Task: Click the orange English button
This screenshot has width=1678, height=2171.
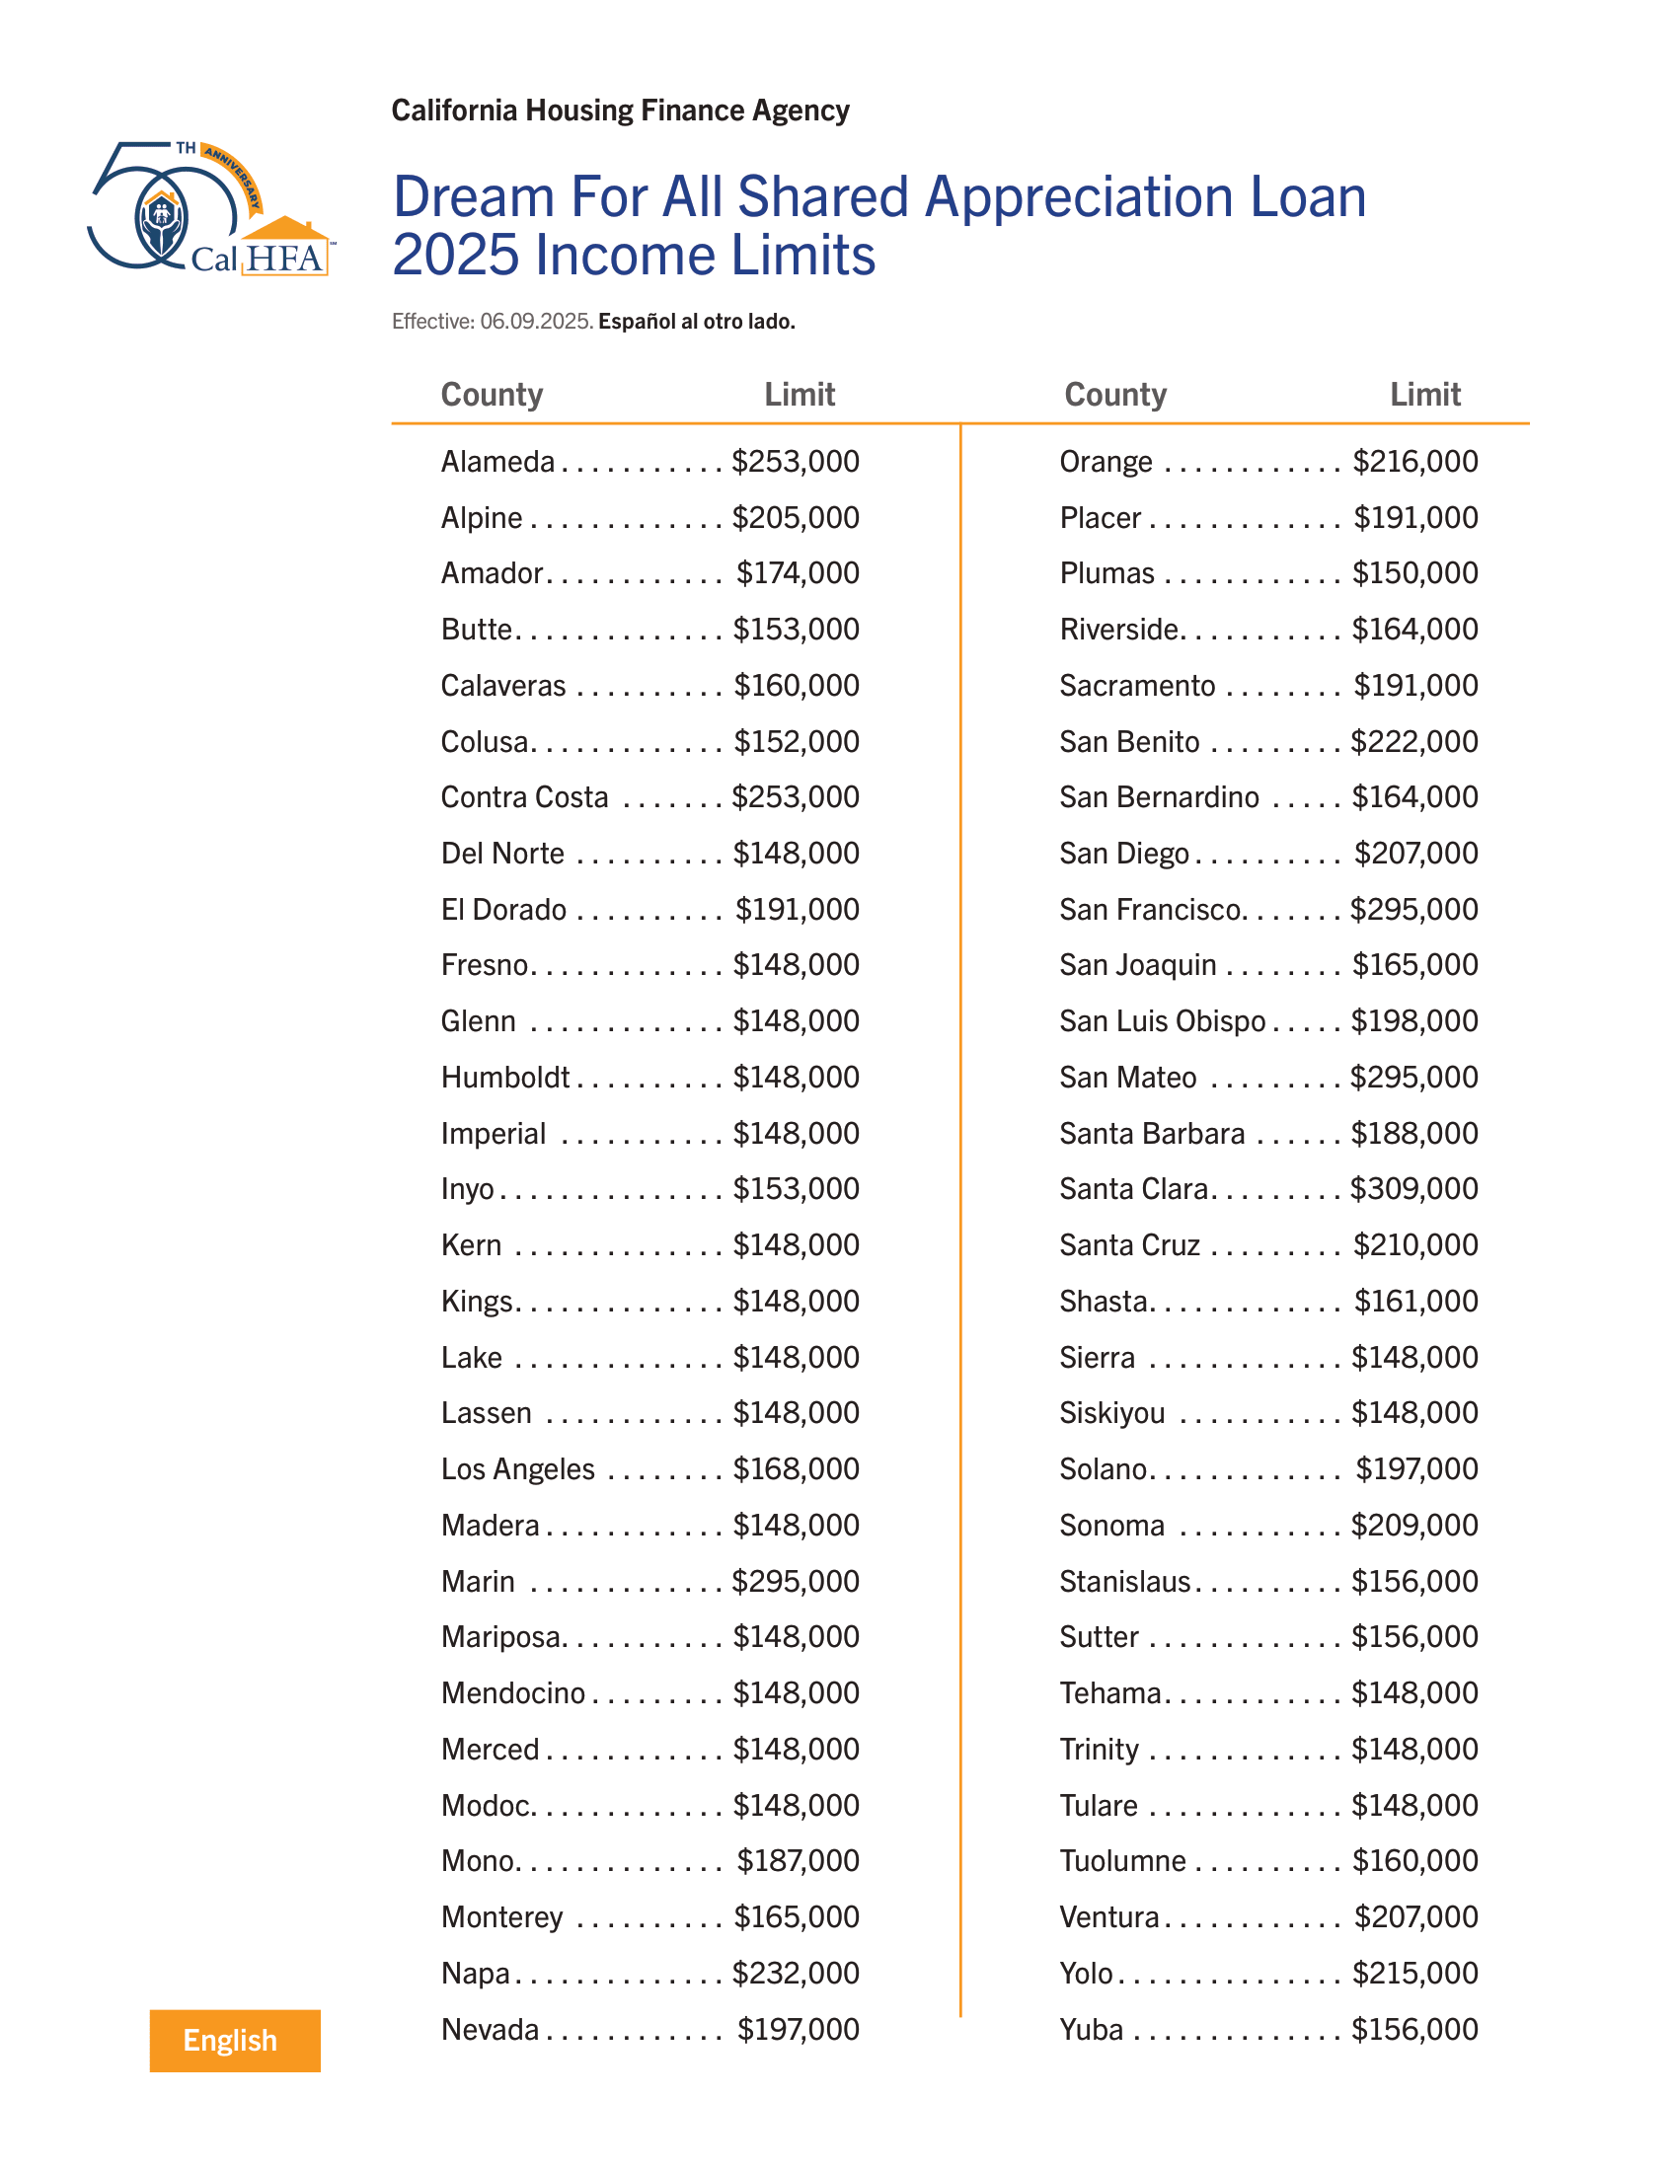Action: coord(235,2040)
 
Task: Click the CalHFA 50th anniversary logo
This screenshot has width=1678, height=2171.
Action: coord(211,209)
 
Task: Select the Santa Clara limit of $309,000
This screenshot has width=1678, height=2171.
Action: coord(1413,1189)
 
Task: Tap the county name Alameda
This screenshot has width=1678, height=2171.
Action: coord(497,462)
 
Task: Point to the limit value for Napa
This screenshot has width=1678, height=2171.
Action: coord(796,1974)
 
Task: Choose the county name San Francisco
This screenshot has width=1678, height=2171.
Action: coord(1150,910)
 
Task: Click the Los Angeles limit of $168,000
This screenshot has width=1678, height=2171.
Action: coord(796,1469)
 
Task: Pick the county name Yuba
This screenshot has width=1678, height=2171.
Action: coord(1091,2029)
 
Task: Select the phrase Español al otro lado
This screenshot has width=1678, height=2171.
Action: coord(696,322)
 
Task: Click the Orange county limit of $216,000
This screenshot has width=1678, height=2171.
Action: coord(1414,462)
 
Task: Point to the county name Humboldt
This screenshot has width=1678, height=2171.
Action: coord(505,1078)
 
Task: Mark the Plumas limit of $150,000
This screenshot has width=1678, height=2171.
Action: coord(1414,573)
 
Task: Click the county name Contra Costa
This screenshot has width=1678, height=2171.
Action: coord(524,797)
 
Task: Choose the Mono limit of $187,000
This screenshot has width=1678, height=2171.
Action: coord(798,1861)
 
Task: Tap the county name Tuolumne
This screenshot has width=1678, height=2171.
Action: coord(1122,1861)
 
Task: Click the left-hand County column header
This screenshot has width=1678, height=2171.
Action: coord(493,395)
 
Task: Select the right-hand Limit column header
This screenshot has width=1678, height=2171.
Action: coord(1424,395)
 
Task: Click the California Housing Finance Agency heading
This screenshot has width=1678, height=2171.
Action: coord(620,111)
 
